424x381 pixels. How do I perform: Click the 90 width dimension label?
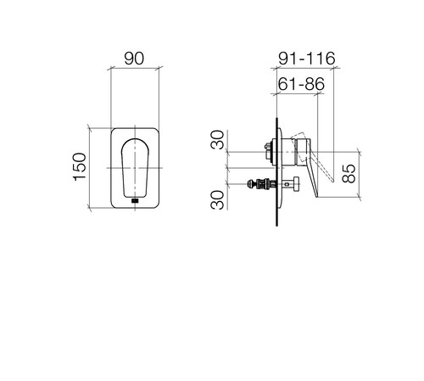click(134, 59)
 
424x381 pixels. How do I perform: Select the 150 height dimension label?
click(80, 167)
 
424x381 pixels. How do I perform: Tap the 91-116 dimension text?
click(307, 59)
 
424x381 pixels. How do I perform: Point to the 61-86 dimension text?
click(301, 84)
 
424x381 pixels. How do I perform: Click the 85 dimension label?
click(349, 173)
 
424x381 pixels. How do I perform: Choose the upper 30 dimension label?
click(218, 139)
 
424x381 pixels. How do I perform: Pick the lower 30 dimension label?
click(217, 200)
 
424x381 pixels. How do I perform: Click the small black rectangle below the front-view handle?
click(135, 201)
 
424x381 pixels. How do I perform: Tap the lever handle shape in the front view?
click(135, 168)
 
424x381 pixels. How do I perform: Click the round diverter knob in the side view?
click(296, 184)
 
